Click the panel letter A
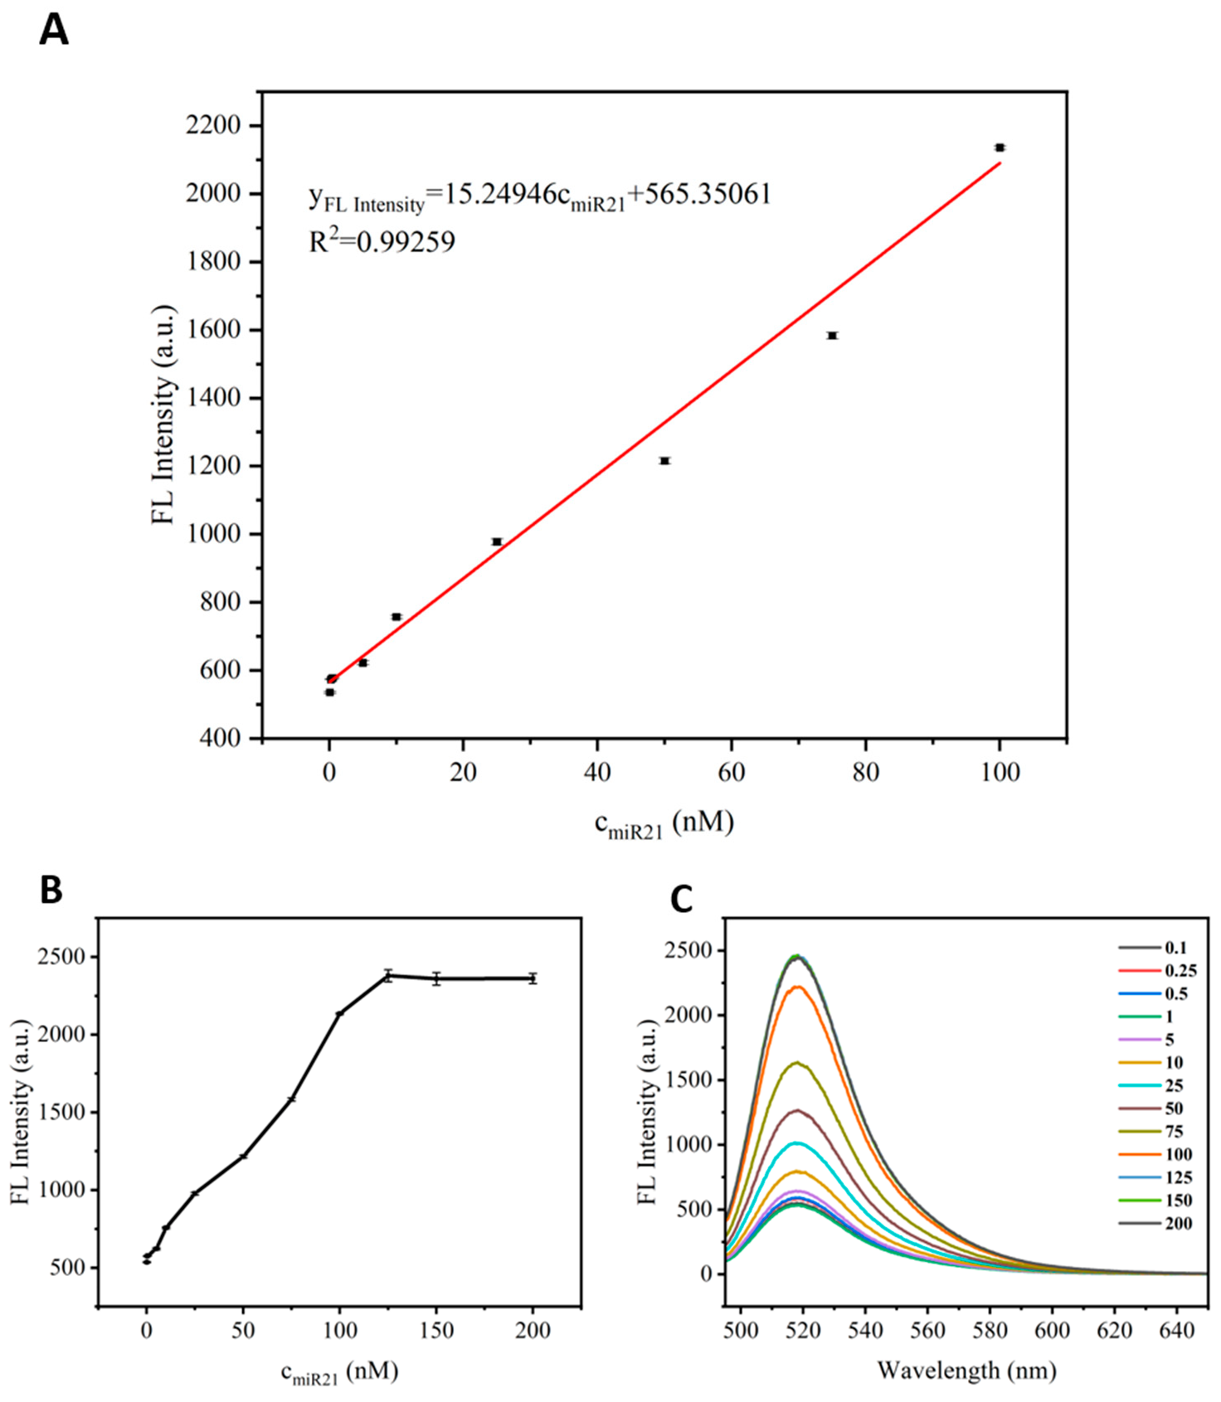coord(54,31)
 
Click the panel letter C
coord(681,900)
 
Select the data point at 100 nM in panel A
coord(1000,148)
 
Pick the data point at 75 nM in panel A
coord(832,336)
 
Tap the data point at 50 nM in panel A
coord(664,461)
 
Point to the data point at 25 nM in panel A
coord(497,541)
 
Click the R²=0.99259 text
coord(382,242)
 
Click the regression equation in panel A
coord(539,196)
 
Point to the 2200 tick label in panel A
coord(213,126)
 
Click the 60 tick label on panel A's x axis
coord(731,773)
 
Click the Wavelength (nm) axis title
coord(966,1370)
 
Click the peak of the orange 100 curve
coord(797,987)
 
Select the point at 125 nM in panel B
coord(387,976)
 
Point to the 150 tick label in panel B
coord(436,1331)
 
